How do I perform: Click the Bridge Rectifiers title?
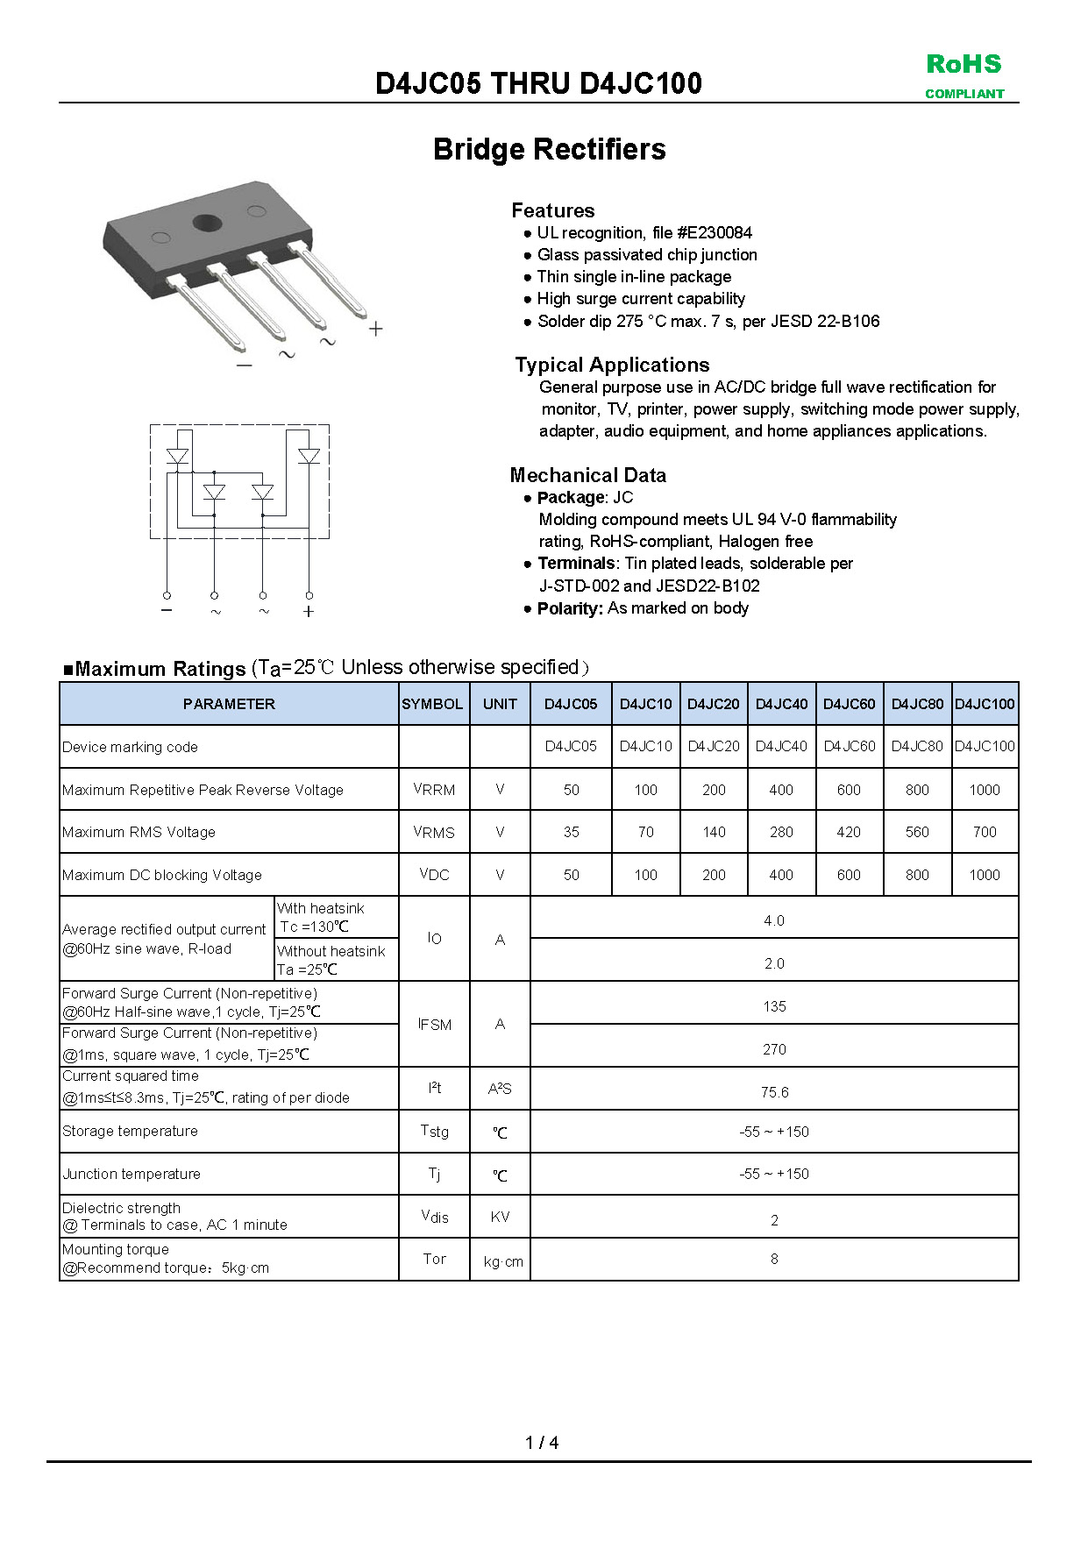(549, 149)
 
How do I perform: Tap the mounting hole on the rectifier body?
(208, 222)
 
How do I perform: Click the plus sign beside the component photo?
(375, 329)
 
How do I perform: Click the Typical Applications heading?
(612, 365)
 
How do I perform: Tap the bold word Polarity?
(569, 608)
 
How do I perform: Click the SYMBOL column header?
(432, 704)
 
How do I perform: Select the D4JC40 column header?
(781, 704)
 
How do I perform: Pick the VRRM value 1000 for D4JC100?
(984, 790)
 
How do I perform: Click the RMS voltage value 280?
(780, 832)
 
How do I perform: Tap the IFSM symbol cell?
(435, 1024)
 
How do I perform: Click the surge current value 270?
(774, 1049)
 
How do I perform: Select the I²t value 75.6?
(774, 1092)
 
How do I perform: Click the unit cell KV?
(500, 1217)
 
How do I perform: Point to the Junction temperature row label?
(132, 1174)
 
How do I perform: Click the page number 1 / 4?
(542, 1442)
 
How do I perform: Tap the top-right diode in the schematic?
(309, 456)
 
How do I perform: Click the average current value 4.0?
(774, 920)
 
